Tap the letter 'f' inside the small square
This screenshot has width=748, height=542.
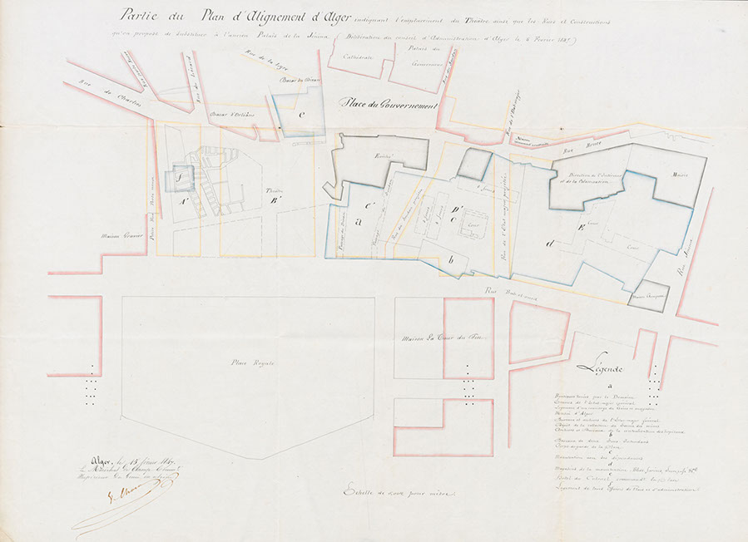(177, 177)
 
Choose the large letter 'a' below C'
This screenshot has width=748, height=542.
(359, 222)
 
